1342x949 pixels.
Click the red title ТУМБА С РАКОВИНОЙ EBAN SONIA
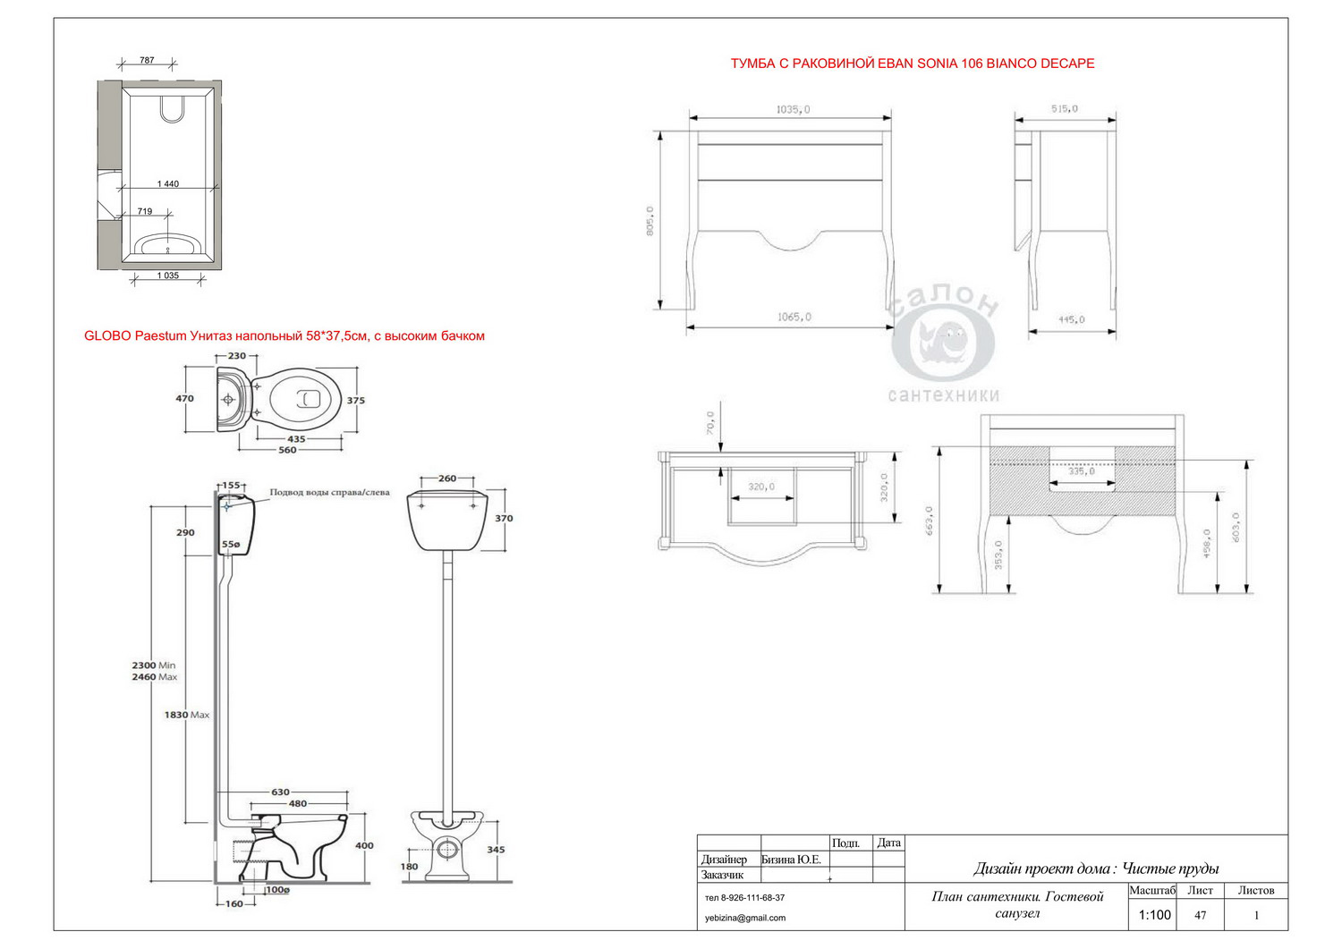(913, 64)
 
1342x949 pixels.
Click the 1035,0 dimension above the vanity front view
(793, 109)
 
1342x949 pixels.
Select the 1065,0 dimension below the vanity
(794, 317)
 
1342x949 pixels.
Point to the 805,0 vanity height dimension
(650, 221)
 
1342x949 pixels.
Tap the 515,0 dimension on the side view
(1064, 109)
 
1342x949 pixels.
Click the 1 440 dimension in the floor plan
(168, 184)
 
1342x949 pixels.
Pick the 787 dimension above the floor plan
(147, 61)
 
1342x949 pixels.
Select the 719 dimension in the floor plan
(145, 212)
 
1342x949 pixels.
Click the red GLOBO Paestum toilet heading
(285, 336)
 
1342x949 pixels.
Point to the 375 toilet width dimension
(356, 401)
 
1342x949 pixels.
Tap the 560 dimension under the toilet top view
(287, 450)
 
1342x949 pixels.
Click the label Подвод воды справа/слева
(329, 493)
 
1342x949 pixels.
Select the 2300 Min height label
(154, 665)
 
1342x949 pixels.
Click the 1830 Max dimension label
(187, 715)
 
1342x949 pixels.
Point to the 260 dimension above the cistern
(447, 479)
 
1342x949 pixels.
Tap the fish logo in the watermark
(943, 343)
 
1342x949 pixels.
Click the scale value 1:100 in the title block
(1154, 915)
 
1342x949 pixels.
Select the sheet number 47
(1201, 915)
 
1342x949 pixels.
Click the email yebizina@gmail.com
(745, 918)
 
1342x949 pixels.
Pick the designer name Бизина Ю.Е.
(791, 860)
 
